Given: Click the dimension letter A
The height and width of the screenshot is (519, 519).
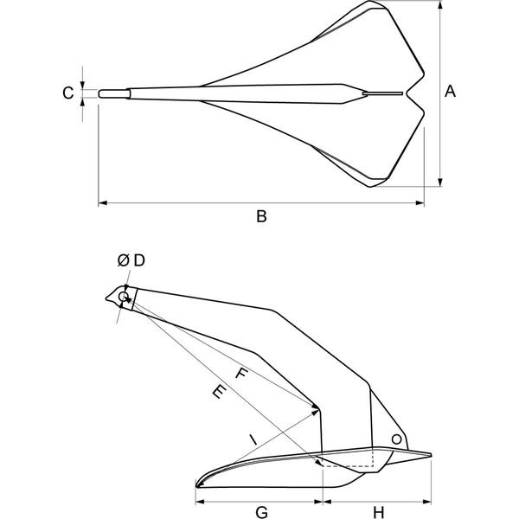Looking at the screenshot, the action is coord(450,92).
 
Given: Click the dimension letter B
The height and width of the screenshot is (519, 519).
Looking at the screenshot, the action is coord(261,216).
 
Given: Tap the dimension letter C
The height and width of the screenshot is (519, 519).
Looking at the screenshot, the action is coord(67,93).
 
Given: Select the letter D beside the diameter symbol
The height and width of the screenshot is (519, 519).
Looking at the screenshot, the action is coord(139,261).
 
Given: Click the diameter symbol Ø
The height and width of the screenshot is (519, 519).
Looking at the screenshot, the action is coord(123,261).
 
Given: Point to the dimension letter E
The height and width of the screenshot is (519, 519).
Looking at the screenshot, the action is coord(219,391).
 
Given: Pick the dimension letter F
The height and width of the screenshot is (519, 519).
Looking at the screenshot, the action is coord(241,374).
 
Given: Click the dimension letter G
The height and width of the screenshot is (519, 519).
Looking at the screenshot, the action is coord(262,512).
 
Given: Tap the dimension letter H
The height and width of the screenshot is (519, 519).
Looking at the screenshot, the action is coord(378,512).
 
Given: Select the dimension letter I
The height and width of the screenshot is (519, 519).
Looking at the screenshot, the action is coord(253,440).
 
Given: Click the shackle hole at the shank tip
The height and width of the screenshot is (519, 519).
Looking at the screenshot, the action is coord(124,296).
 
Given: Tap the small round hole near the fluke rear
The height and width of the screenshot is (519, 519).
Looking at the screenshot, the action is coord(396,439).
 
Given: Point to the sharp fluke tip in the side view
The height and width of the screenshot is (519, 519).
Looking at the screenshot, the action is coord(196,486).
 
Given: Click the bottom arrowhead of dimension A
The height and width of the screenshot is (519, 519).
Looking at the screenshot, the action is coord(440,182).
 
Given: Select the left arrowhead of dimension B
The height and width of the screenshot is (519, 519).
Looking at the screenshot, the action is coord(103,203).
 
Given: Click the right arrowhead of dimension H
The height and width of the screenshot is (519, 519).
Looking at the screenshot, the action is coord(427,502).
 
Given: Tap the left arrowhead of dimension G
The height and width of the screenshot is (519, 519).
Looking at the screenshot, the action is coord(201,502).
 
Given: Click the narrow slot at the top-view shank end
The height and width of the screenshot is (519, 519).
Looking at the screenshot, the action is coord(383,93).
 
